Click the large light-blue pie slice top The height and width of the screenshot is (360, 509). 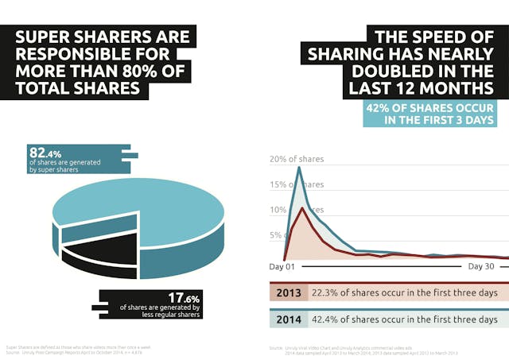[x=143, y=207]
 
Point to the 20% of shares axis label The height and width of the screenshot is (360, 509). [x=296, y=160]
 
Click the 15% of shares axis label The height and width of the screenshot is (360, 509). [x=296, y=185]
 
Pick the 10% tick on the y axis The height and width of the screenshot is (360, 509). [x=278, y=211]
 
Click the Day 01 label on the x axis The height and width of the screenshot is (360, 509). [x=282, y=266]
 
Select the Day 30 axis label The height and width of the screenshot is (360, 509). [x=482, y=266]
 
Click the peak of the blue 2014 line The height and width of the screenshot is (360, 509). [x=299, y=167]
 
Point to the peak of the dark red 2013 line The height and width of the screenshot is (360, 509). [x=301, y=208]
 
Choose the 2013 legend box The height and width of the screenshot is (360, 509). [x=288, y=293]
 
